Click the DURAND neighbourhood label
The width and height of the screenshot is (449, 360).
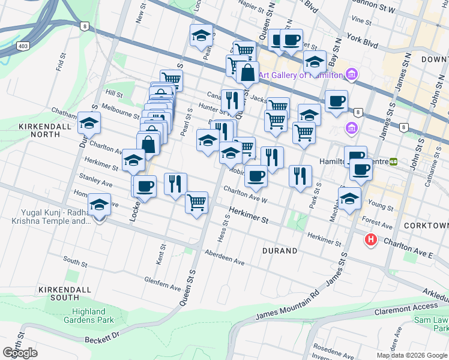(x=279, y=250)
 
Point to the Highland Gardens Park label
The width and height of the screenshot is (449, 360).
(x=93, y=316)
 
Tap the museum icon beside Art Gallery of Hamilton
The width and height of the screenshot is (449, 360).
(x=351, y=75)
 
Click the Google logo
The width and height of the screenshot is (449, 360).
(x=20, y=352)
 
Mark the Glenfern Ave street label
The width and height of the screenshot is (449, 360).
(x=162, y=283)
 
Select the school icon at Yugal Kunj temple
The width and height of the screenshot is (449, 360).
(x=99, y=206)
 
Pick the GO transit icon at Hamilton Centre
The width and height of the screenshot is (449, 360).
(x=394, y=161)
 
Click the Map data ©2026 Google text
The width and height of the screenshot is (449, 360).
(x=411, y=355)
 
